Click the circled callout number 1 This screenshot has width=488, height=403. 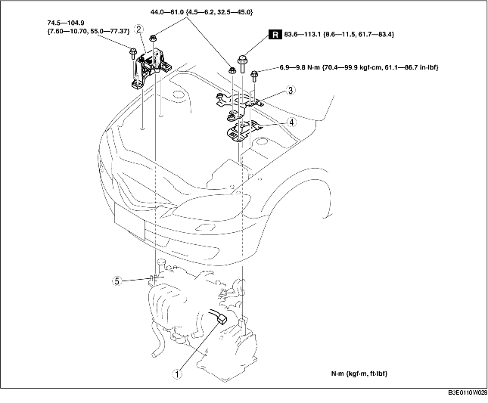[177, 374]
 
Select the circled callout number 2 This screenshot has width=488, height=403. [138, 29]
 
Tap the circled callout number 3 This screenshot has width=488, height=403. [291, 91]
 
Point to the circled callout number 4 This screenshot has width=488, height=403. [291, 122]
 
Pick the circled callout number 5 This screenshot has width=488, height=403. [117, 281]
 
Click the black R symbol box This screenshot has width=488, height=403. [275, 35]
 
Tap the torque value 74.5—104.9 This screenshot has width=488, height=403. [66, 23]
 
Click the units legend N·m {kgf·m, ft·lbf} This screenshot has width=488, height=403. [359, 374]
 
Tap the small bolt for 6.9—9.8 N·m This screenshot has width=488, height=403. [254, 76]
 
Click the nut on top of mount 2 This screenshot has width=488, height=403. [153, 39]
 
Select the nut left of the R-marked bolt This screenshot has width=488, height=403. [232, 70]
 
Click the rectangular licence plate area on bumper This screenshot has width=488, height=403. [129, 222]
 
